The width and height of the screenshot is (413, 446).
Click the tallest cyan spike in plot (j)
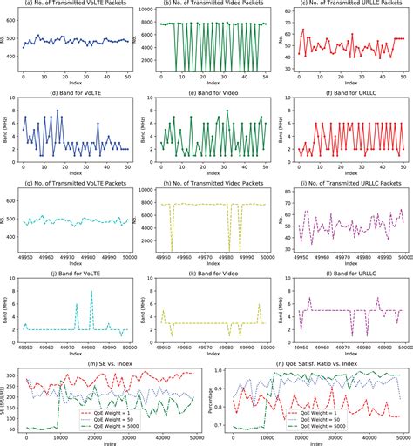point(91,293)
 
